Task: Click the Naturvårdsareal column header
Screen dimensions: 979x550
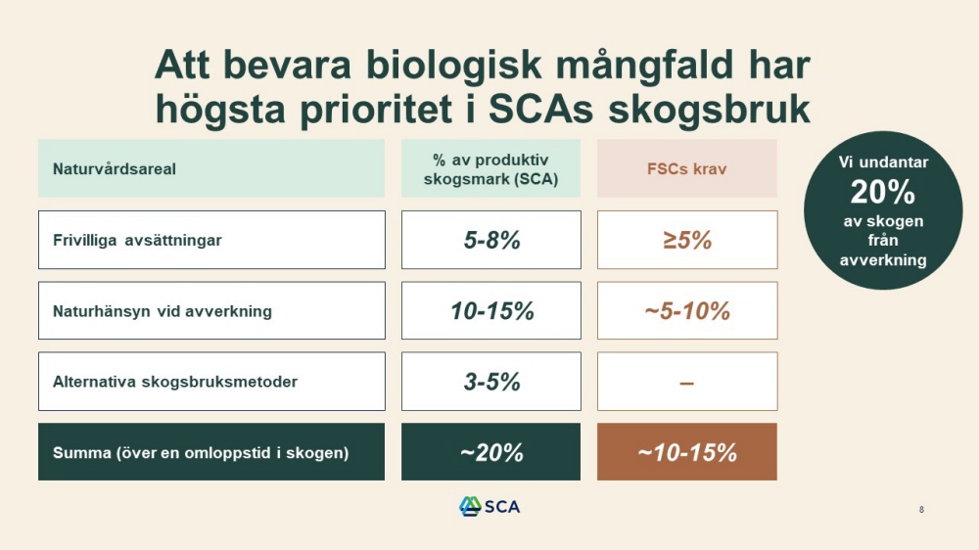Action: tap(211, 168)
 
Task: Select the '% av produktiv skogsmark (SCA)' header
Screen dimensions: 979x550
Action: tap(490, 168)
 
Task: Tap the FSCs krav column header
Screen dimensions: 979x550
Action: tap(687, 168)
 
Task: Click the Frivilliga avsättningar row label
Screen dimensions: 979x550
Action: tap(211, 240)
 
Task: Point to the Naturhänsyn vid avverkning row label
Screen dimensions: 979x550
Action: tap(211, 311)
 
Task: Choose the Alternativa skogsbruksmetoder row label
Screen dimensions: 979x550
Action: tap(211, 382)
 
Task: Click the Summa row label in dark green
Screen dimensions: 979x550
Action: tap(211, 452)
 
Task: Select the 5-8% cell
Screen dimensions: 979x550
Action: tap(491, 240)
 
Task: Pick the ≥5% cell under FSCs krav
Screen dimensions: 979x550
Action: tap(687, 240)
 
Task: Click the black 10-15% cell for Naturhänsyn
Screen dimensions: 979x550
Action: tap(491, 311)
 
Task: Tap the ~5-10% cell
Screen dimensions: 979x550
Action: tap(687, 311)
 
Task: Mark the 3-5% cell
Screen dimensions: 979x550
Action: tap(491, 382)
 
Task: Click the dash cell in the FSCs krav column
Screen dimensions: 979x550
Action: tap(687, 382)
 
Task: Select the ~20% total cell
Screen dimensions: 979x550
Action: tap(490, 452)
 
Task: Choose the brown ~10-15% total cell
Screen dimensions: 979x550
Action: tap(687, 452)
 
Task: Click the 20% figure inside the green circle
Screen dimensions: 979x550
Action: tap(882, 192)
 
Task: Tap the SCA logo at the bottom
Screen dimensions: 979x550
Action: tap(489, 506)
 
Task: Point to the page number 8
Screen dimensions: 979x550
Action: tap(921, 510)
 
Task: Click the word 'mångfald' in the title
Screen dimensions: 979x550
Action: tap(644, 65)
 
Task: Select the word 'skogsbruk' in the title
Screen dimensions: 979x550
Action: tap(709, 110)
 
